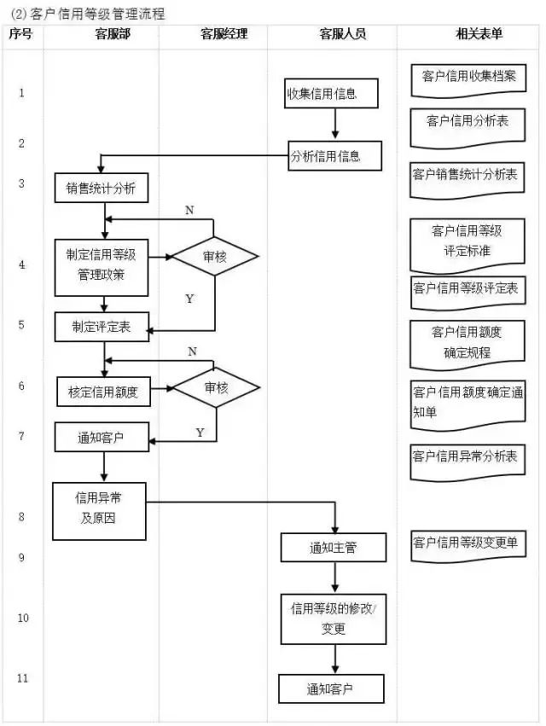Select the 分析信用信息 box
pyautogui.click(x=334, y=156)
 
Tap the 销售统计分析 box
pyautogui.click(x=102, y=189)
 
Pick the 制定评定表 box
pyautogui.click(x=103, y=326)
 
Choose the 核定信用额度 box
pyautogui.click(x=108, y=392)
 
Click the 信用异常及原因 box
pyautogui.click(x=98, y=509)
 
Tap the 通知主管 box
pyautogui.click(x=334, y=548)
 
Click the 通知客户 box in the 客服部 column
pyautogui.click(x=102, y=438)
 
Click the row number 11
pyautogui.click(x=22, y=678)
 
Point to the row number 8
pyautogui.click(x=22, y=517)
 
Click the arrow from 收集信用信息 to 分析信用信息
pyautogui.click(x=334, y=124)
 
